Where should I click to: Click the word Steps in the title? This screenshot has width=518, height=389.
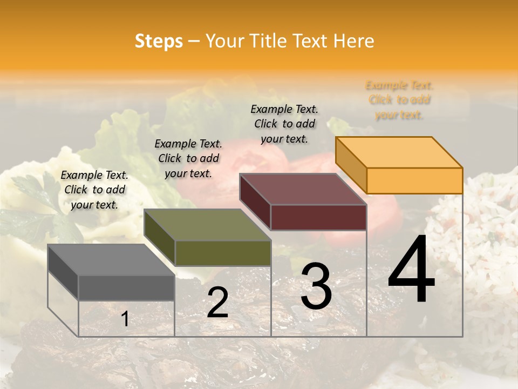(159, 41)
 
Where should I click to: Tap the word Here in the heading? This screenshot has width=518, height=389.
(354, 41)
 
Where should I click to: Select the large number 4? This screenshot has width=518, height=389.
(411, 270)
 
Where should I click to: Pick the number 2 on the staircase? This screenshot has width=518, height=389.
(217, 303)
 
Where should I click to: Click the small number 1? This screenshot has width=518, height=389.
(125, 319)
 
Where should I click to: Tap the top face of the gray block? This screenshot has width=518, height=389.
(111, 259)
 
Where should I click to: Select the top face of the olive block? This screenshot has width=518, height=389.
(207, 225)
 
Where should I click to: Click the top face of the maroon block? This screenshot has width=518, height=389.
(303, 189)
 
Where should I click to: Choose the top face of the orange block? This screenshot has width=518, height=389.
(399, 152)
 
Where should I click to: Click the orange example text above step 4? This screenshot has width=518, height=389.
(399, 100)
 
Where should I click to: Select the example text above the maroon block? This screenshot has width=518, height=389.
(284, 124)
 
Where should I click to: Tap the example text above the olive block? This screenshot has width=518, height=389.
(188, 158)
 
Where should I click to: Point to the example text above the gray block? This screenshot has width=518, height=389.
(94, 190)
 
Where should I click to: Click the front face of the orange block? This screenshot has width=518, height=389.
(414, 180)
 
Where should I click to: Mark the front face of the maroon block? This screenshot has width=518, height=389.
(318, 217)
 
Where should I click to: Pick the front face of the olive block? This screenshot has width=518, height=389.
(223, 253)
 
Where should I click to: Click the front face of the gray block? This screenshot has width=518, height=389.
(126, 287)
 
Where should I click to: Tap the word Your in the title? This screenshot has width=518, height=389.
(222, 41)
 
